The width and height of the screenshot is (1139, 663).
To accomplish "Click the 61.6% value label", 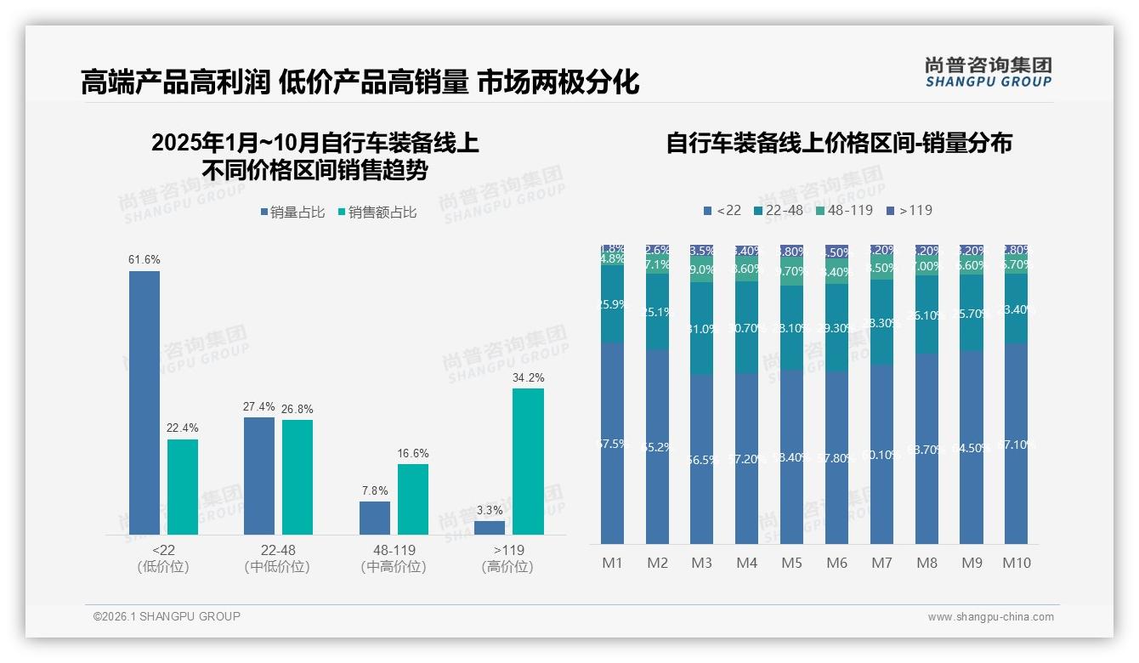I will pyautogui.click(x=144, y=259).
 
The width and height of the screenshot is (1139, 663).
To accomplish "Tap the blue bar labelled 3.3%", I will pyautogui.click(x=490, y=528).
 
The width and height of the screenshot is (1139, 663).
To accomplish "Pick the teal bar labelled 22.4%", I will pyautogui.click(x=183, y=487).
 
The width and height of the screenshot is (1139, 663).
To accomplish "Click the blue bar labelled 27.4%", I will pyautogui.click(x=259, y=475).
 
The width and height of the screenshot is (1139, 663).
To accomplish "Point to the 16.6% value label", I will pyautogui.click(x=413, y=453).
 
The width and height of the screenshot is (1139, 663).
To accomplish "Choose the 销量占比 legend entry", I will pyautogui.click(x=292, y=212).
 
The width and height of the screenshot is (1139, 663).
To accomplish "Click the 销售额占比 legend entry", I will pyautogui.click(x=377, y=212).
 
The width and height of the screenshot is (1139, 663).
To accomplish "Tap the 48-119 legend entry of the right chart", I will pyautogui.click(x=844, y=210).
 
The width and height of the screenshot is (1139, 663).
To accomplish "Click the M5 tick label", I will pyautogui.click(x=791, y=563).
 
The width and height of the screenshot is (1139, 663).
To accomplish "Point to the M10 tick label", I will pyautogui.click(x=1017, y=563).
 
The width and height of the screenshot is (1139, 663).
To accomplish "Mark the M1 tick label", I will pyautogui.click(x=612, y=563).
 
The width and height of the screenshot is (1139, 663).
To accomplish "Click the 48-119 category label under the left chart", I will pyautogui.click(x=394, y=550).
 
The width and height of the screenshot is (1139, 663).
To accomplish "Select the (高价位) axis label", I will pyautogui.click(x=507, y=567).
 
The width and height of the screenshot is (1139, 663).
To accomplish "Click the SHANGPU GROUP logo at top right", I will pyautogui.click(x=989, y=72).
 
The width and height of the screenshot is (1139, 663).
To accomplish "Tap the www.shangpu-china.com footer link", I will pyautogui.click(x=990, y=617).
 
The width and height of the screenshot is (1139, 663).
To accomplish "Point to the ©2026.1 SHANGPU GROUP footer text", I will pyautogui.click(x=167, y=616).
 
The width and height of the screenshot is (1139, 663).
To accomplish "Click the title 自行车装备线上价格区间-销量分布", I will pyautogui.click(x=839, y=143).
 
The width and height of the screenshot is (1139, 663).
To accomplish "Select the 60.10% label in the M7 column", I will pyautogui.click(x=881, y=455).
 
